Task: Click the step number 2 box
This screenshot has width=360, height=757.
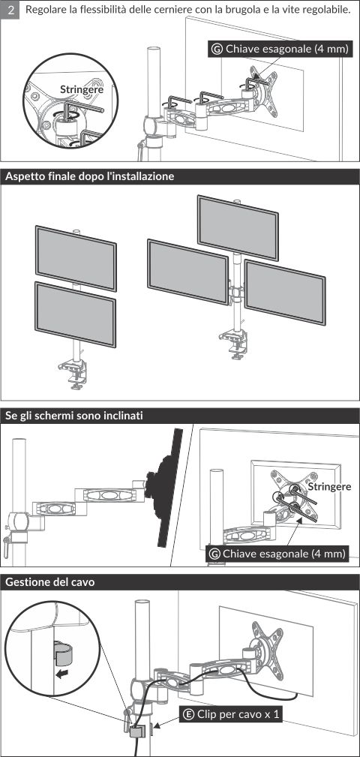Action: click(x=10, y=11)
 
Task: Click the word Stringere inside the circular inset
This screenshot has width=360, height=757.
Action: click(x=82, y=89)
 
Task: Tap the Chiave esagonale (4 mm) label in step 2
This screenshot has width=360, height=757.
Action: click(x=278, y=49)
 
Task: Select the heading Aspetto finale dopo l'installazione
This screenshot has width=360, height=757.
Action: click(x=89, y=177)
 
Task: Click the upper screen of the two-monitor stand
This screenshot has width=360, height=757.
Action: click(x=76, y=258)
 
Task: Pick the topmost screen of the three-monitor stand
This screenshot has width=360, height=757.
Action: click(x=238, y=228)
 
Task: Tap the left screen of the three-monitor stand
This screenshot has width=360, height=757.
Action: click(x=187, y=272)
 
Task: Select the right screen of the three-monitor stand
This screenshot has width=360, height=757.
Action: click(x=285, y=292)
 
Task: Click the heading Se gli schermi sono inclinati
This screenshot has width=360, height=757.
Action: click(x=73, y=416)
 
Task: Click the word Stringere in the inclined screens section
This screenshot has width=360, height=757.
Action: click(x=329, y=486)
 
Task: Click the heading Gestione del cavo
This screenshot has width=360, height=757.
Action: click(x=49, y=582)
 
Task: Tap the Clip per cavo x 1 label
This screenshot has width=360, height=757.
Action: click(x=231, y=714)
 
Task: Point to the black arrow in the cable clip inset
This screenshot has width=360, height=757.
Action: click(x=61, y=674)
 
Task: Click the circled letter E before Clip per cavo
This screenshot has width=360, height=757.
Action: click(x=189, y=714)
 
